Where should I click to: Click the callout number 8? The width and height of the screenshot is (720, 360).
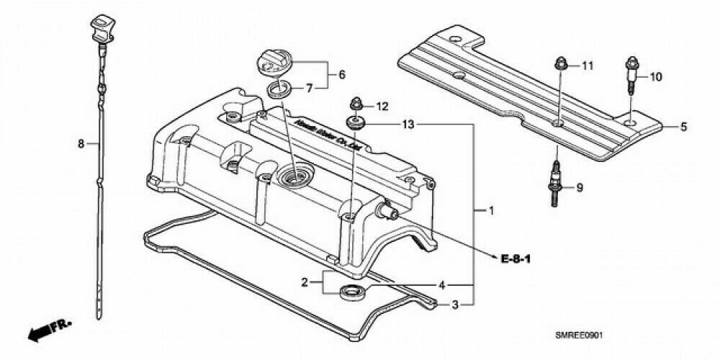(81, 144)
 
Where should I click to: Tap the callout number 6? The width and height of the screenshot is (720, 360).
(342, 74)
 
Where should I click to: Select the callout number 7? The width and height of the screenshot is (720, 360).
(310, 89)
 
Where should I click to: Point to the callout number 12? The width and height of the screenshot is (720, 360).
(382, 107)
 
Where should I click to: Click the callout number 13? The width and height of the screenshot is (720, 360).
(408, 125)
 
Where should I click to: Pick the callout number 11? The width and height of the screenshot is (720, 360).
(588, 66)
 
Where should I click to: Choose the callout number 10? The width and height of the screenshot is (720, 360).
(655, 76)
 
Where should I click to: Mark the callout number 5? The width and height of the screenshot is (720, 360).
(684, 127)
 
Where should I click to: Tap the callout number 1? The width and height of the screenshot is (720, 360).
(491, 211)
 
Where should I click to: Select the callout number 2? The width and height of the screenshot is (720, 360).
(305, 282)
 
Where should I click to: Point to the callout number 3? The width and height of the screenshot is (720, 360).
(454, 305)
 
